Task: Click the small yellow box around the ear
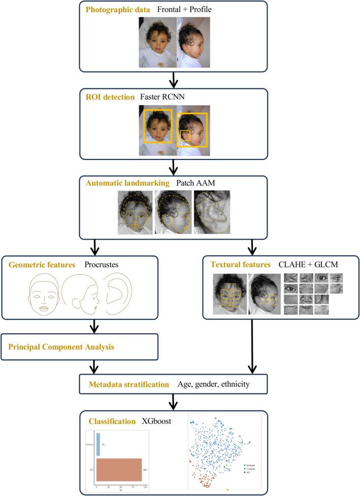[185, 136]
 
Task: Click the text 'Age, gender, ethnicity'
[213, 384]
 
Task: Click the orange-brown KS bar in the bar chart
[118, 469]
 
